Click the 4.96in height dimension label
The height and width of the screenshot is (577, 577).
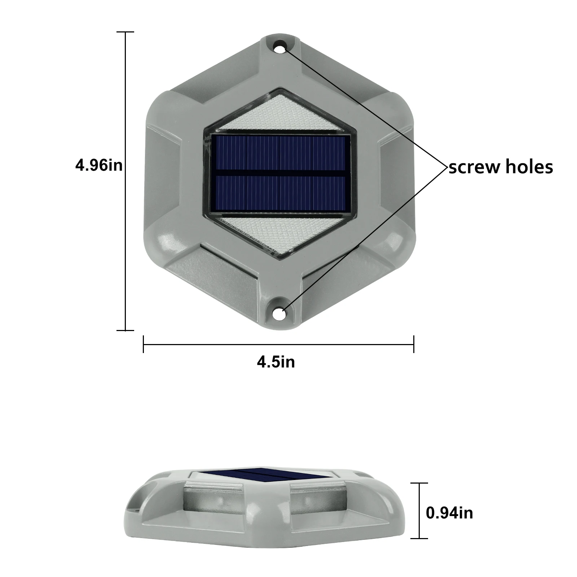click(x=98, y=166)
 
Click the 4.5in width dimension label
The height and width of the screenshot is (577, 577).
click(x=276, y=362)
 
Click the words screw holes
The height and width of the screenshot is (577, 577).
click(x=501, y=167)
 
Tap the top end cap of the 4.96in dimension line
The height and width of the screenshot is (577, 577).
click(x=125, y=32)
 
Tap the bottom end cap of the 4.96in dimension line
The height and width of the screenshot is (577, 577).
click(x=125, y=330)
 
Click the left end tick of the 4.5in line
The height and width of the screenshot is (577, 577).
click(x=144, y=344)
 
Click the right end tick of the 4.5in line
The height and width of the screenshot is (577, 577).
click(x=414, y=344)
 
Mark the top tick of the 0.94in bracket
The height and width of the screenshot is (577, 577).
click(x=419, y=483)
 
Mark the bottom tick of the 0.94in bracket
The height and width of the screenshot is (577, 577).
click(x=419, y=538)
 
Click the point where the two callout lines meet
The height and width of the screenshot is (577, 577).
click(x=447, y=167)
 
